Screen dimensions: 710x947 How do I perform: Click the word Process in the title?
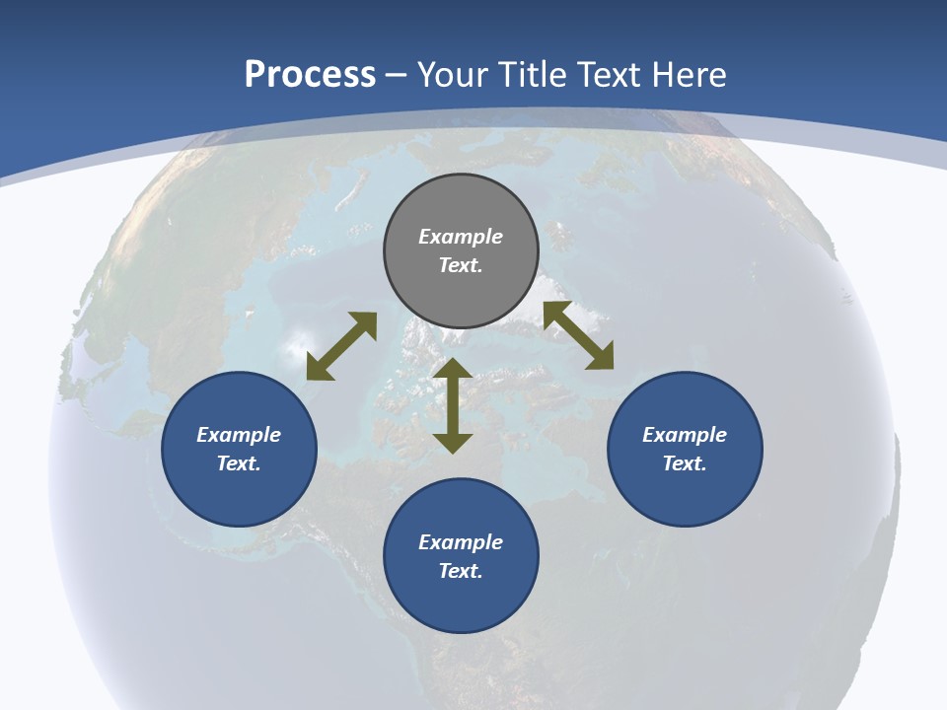310,74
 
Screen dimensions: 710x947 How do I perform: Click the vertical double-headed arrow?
453,405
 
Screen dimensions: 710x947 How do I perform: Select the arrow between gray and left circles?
342,346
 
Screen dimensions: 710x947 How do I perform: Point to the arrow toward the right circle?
578,336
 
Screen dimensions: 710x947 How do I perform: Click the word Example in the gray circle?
461,237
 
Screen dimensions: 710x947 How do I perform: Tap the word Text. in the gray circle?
461,265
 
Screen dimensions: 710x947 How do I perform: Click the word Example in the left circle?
239,435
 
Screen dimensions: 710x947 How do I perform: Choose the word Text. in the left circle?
239,463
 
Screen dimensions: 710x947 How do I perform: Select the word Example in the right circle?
685,435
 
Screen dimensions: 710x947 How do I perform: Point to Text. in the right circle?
685,463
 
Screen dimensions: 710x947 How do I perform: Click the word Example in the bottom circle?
461,542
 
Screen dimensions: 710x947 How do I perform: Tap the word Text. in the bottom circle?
461,571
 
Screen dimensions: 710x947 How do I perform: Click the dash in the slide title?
397,75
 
